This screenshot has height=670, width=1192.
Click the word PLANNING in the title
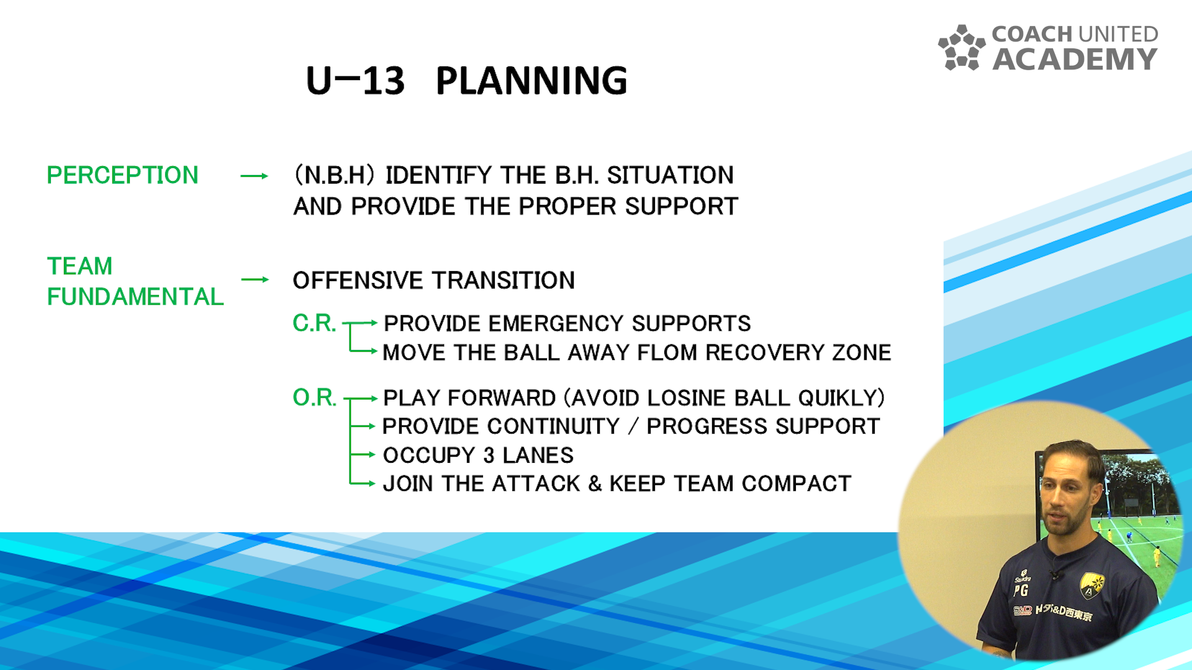(x=531, y=81)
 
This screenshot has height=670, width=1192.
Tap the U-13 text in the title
(x=355, y=81)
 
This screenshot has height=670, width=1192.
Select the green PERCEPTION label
(x=122, y=175)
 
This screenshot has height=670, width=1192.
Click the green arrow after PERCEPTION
(x=255, y=176)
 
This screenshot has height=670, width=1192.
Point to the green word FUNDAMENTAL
(x=135, y=297)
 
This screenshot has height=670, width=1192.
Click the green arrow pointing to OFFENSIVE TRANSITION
(x=255, y=280)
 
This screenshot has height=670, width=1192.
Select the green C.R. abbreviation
(x=314, y=323)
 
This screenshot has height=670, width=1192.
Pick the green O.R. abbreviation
(x=314, y=397)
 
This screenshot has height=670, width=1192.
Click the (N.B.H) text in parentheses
(x=335, y=175)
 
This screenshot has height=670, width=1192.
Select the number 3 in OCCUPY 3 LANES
(x=489, y=455)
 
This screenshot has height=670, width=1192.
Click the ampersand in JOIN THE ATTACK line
(x=595, y=483)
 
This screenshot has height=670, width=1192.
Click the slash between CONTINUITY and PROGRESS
(x=633, y=426)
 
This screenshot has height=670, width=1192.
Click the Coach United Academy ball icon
(x=962, y=48)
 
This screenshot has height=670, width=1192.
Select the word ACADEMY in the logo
(x=1075, y=59)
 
